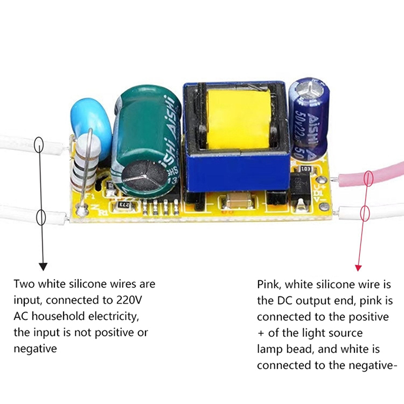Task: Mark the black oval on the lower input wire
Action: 41,218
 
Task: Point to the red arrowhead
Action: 358,267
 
